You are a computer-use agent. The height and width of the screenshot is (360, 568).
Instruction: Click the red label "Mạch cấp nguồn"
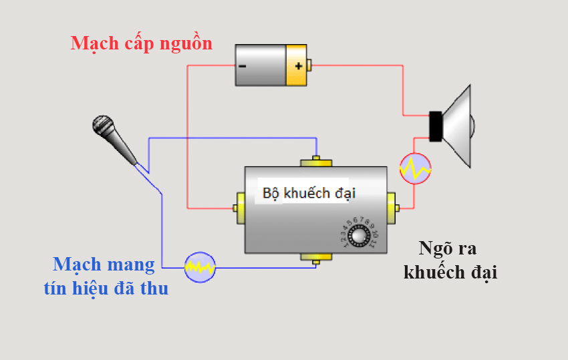coord(142,44)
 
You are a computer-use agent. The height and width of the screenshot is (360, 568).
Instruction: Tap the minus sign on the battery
coord(242,66)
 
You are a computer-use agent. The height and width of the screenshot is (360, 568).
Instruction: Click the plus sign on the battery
coord(298,65)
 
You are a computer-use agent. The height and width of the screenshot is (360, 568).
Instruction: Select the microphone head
coord(103,125)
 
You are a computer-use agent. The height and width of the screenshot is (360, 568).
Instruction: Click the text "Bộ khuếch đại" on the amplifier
coord(309,194)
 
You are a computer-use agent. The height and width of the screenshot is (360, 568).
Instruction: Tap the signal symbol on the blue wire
coord(200,267)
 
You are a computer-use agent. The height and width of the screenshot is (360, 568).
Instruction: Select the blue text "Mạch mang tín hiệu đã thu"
coord(106,276)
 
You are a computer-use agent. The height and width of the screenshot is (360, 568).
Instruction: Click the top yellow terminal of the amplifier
coord(317,162)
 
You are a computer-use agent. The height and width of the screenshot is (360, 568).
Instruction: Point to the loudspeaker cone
coord(458,126)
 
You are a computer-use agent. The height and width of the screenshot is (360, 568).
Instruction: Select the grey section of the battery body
coord(261,65)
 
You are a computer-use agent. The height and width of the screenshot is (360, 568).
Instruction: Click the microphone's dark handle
coord(124,148)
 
